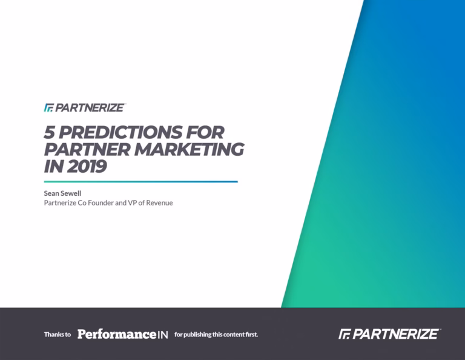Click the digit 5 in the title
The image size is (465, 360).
pyautogui.click(x=50, y=132)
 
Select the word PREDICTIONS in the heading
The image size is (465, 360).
pyautogui.click(x=120, y=132)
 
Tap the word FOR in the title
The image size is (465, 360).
pyautogui.click(x=205, y=132)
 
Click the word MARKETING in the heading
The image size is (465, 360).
pyautogui.click(x=190, y=149)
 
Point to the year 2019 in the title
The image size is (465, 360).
pyautogui.click(x=87, y=166)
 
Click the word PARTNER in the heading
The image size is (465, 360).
pyautogui.click(x=87, y=149)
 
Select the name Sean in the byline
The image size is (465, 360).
pyautogui.click(x=51, y=193)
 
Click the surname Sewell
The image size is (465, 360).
pyautogui.click(x=71, y=193)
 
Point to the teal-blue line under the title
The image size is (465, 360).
pyautogui.click(x=141, y=182)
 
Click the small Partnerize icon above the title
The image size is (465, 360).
pyautogui.click(x=48, y=107)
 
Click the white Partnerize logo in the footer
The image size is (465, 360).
pyautogui.click(x=389, y=334)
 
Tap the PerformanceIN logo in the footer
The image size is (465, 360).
pyautogui.click(x=122, y=334)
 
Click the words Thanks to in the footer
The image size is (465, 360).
pyautogui.click(x=58, y=335)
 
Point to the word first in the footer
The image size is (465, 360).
pyautogui.click(x=251, y=335)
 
